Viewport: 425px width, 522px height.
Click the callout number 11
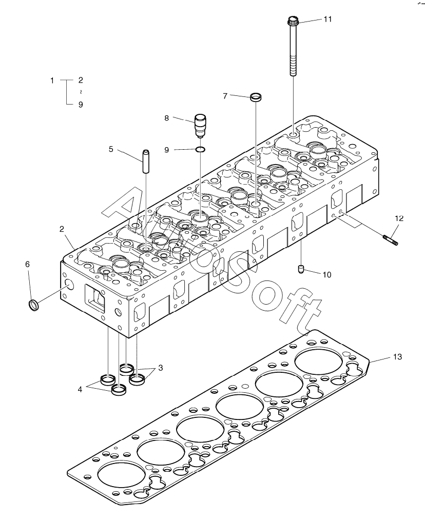tap(327, 19)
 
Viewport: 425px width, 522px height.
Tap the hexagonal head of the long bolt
tap(293, 21)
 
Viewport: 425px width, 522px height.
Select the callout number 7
tap(225, 95)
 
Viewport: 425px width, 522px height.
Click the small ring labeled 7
tap(255, 96)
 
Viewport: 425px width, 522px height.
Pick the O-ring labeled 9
tap(201, 149)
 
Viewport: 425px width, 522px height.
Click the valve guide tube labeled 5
tap(145, 162)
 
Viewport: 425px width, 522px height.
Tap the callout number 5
tap(111, 149)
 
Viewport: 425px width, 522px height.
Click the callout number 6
tap(28, 264)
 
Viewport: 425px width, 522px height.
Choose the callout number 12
tap(399, 218)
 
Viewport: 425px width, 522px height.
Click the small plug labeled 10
tap(302, 269)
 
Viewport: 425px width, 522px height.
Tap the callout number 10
tap(327, 275)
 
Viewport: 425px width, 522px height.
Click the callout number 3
tap(161, 368)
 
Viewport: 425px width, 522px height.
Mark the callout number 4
tap(80, 390)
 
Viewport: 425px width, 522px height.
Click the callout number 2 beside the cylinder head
tap(62, 228)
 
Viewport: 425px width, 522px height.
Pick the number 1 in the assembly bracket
tap(52, 81)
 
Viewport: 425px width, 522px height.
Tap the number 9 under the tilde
tap(80, 105)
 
